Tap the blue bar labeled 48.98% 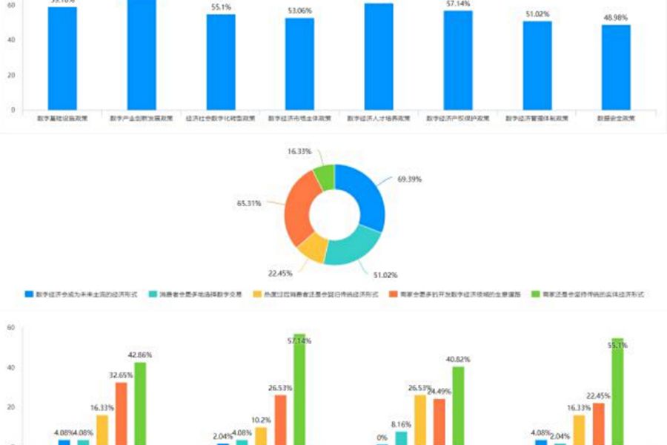pos(616,67)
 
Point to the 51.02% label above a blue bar pos(537,14)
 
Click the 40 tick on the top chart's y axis pos(11,39)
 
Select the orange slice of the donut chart pos(300,208)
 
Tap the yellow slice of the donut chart pos(314,248)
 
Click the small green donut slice pos(324,176)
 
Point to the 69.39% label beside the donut pos(410,179)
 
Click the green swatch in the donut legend pos(537,294)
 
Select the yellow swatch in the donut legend pos(256,294)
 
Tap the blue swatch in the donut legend pos(29,294)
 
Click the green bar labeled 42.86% pos(140,403)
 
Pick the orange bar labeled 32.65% pos(121,413)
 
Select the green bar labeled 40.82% pos(458,406)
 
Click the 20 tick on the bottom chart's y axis pos(11,407)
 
